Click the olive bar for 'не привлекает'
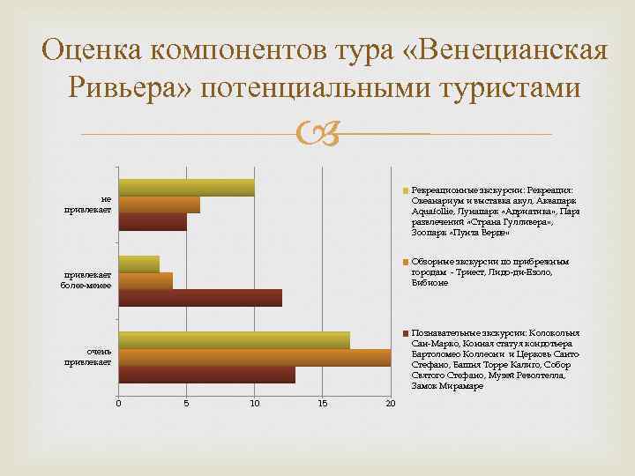(187, 188)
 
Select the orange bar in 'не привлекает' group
(160, 205)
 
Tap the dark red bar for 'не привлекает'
(153, 221)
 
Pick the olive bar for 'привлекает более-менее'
(139, 264)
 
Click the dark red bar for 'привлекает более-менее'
(200, 298)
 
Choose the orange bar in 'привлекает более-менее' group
(146, 281)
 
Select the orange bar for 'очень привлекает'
(255, 358)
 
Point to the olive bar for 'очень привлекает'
(235, 340)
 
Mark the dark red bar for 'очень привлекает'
(207, 375)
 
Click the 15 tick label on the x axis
(323, 404)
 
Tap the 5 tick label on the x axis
(186, 404)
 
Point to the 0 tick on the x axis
(118, 404)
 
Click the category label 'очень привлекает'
(93, 357)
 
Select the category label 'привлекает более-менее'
(87, 281)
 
